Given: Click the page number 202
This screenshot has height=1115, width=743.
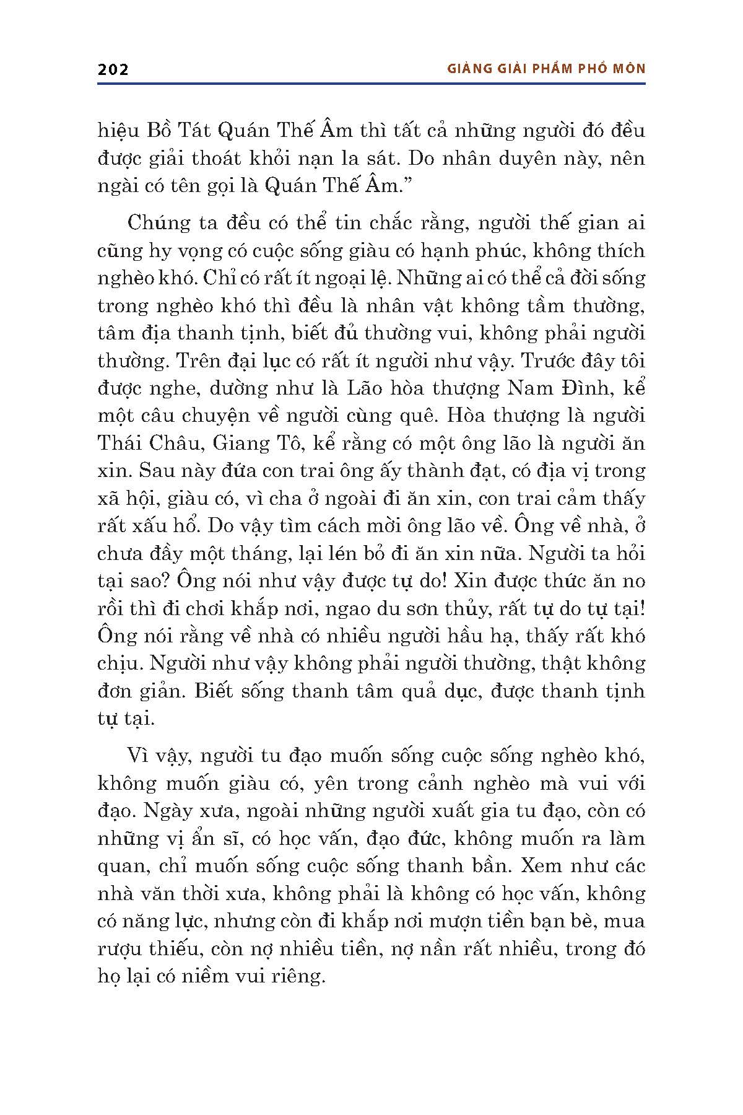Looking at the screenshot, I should (113, 69).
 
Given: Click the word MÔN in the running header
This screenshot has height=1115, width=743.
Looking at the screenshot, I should (628, 69).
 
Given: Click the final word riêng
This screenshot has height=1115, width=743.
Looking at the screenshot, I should (300, 976).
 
